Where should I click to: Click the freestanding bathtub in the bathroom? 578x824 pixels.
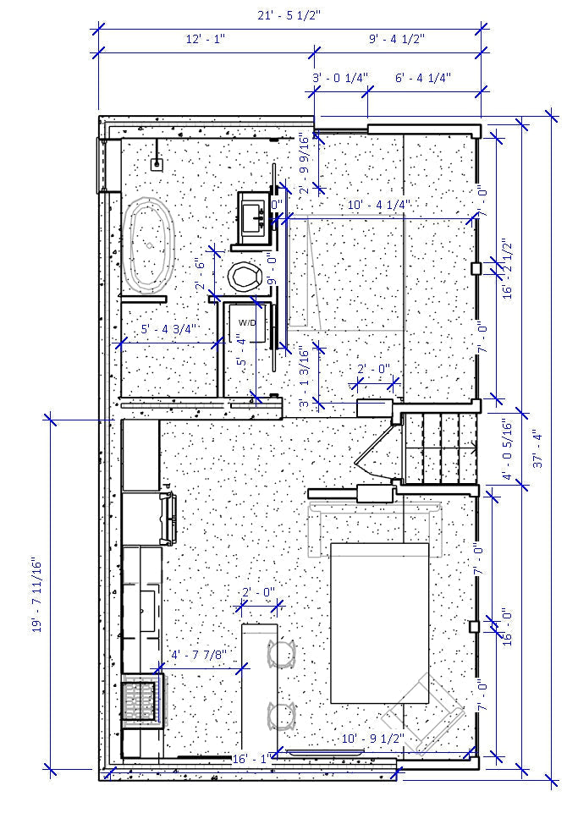click(x=149, y=245)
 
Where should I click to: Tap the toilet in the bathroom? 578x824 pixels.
click(x=245, y=277)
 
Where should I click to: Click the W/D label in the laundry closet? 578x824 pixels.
click(x=246, y=323)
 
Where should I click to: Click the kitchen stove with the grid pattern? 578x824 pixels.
click(x=141, y=700)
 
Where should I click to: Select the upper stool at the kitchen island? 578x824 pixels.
click(x=281, y=654)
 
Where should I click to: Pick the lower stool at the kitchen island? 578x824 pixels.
click(x=281, y=716)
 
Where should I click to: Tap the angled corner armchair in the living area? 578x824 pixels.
click(x=427, y=709)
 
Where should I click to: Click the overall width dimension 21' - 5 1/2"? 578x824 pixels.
click(x=289, y=15)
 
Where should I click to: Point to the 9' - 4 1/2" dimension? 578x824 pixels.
click(x=397, y=39)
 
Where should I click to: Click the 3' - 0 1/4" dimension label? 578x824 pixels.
click(x=340, y=78)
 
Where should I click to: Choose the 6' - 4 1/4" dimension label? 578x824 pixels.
click(x=423, y=78)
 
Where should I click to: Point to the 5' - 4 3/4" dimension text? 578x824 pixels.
click(x=168, y=329)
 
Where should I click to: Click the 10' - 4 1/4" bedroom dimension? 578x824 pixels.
click(x=378, y=205)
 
